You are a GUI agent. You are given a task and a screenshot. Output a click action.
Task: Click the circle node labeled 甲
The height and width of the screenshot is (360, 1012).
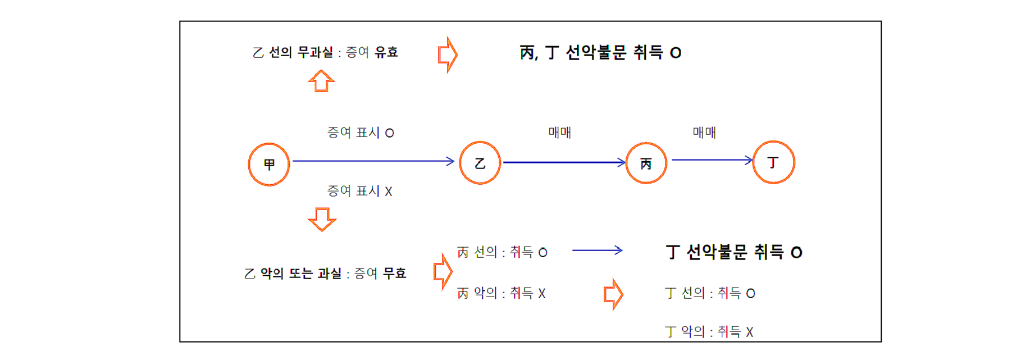269,164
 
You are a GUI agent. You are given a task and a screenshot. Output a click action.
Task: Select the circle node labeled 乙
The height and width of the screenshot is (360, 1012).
480,163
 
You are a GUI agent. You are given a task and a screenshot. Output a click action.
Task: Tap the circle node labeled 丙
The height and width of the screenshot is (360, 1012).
646,163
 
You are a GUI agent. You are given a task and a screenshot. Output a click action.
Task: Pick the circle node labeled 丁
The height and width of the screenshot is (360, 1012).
773,162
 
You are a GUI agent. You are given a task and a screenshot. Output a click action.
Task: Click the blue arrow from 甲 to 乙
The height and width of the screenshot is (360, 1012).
373,161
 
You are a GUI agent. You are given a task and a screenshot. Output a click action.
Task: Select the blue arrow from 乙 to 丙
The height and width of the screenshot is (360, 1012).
563,162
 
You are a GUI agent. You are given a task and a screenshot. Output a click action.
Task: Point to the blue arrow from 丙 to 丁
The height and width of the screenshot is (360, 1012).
712,160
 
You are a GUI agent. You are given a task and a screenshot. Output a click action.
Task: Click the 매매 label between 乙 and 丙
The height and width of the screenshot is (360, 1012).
559,133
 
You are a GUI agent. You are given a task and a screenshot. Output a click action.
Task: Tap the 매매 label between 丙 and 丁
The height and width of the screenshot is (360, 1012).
704,133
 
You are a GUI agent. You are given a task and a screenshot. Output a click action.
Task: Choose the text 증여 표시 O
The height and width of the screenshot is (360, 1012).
361,133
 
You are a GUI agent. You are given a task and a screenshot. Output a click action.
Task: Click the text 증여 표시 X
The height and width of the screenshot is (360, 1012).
359,191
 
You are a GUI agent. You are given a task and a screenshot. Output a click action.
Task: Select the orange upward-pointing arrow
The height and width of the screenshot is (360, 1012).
321,81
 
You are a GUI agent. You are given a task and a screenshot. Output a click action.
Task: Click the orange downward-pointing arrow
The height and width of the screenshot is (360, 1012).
322,219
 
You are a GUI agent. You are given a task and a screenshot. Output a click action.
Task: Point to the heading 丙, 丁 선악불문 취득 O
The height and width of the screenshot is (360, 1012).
600,53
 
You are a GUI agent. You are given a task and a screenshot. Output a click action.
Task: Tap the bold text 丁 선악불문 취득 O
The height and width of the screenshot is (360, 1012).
733,252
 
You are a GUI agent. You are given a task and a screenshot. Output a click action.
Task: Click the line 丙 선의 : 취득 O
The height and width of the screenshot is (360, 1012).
502,252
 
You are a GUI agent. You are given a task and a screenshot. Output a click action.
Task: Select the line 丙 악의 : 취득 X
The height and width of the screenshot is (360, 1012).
501,293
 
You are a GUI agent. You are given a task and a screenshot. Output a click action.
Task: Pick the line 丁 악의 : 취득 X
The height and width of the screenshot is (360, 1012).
709,332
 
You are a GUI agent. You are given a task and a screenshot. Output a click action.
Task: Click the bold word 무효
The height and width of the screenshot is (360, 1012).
394,274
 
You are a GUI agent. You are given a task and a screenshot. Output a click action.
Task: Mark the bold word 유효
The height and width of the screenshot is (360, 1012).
386,52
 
